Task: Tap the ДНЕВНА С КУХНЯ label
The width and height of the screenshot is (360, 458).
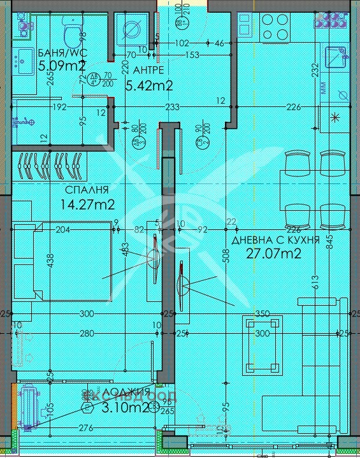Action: point(275,241)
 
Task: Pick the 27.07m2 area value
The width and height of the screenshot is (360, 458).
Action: point(273,254)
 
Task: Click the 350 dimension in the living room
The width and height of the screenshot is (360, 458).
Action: point(262,314)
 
